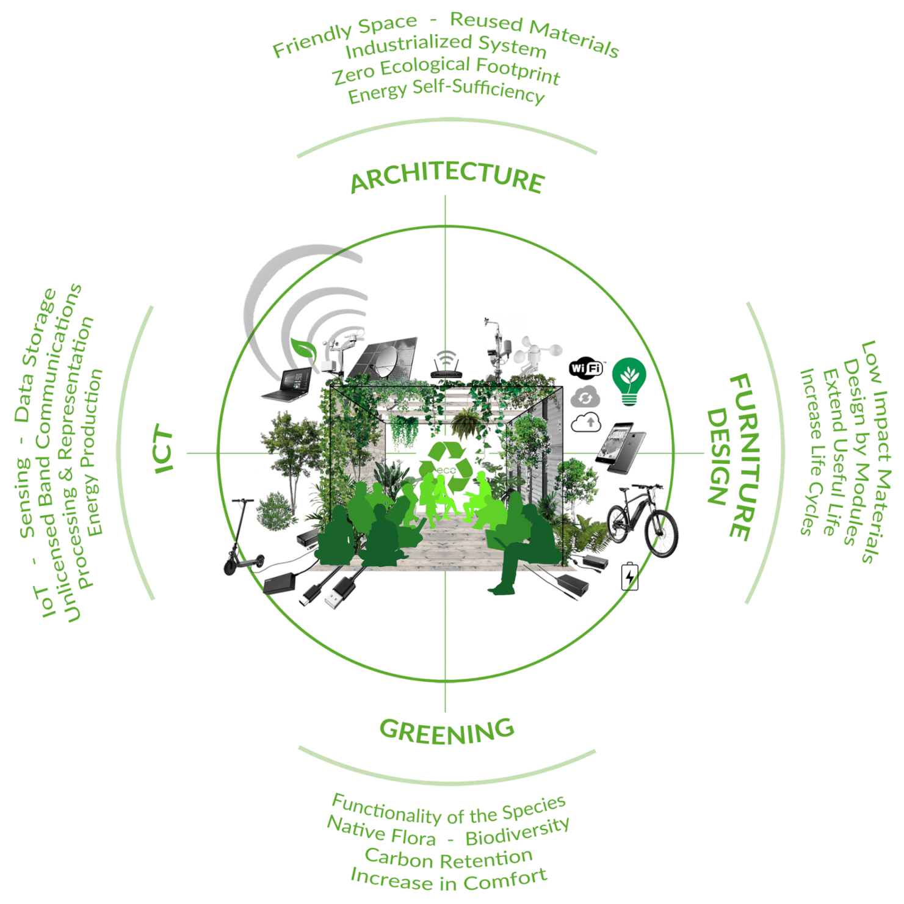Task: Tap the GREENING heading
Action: click(x=447, y=731)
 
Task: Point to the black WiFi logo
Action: click(x=586, y=367)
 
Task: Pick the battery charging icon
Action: click(x=629, y=576)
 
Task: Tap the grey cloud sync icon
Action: click(x=585, y=397)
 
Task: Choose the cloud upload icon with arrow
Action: click(x=586, y=422)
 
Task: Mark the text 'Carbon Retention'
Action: click(x=449, y=858)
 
